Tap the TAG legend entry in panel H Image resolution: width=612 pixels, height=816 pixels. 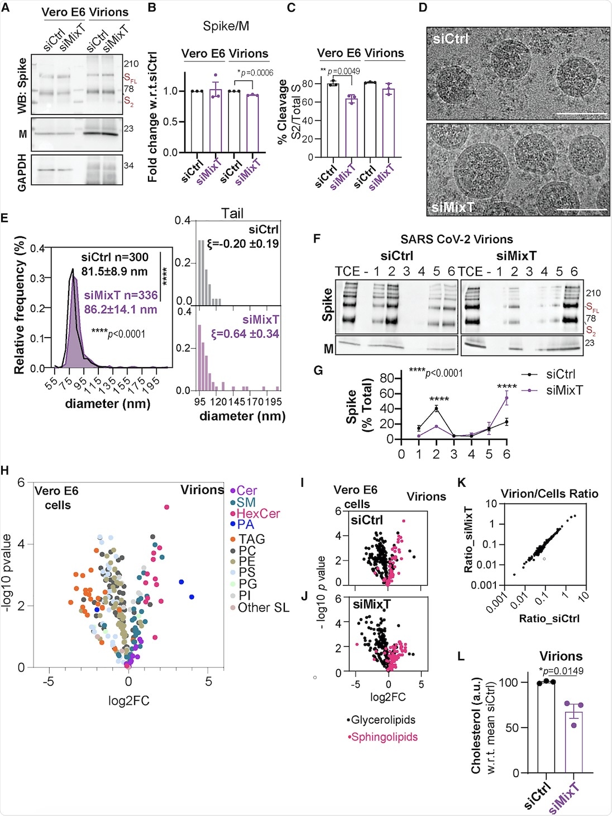pos(251,539)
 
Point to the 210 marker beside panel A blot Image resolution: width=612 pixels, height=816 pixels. pos(131,64)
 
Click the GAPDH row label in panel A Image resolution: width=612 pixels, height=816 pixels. pos(22,173)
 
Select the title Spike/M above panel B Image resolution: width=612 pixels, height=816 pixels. pos(226,26)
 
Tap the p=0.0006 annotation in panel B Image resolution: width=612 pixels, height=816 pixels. pos(255,73)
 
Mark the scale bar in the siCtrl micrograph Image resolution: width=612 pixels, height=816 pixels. pos(582,113)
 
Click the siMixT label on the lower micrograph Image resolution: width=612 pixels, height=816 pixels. pos(453,207)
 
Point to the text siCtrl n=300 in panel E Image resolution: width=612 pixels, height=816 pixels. pos(114,257)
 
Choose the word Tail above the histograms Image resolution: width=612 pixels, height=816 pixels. pos(232,213)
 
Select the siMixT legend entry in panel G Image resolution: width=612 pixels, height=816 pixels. pos(564,390)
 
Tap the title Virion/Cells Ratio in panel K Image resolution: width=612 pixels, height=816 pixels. pos(549,494)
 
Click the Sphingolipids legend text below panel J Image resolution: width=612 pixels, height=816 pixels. pos(384,737)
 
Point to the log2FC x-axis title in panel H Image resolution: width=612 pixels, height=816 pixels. pos(128,700)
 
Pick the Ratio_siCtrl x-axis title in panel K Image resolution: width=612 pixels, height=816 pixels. pos(549,618)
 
